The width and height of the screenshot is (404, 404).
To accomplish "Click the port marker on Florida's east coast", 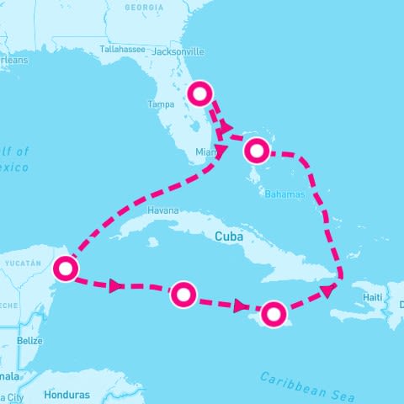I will click(199, 93).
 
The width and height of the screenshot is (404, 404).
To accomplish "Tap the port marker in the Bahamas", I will click(257, 151).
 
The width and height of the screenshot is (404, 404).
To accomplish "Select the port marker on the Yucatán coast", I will click(65, 268).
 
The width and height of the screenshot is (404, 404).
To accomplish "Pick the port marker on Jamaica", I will click(273, 314).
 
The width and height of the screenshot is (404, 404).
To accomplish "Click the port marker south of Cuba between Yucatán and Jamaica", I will click(183, 294).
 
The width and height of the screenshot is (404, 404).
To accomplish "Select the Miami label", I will click(206, 152).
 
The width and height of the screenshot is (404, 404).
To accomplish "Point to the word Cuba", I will click(230, 237).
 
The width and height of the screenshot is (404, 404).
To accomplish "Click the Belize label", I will click(29, 341).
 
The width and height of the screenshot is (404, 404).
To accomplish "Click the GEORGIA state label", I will click(144, 8).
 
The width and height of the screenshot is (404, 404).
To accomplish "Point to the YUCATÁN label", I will click(22, 263).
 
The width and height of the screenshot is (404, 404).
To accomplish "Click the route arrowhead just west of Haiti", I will click(327, 290).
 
